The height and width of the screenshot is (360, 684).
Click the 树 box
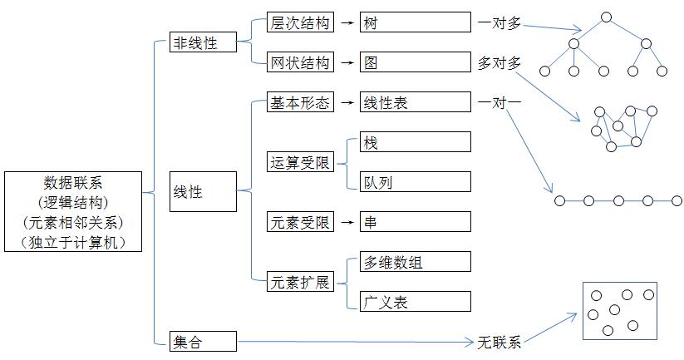point(415,22)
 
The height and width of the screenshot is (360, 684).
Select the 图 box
point(415,62)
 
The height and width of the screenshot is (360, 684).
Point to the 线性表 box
point(415,103)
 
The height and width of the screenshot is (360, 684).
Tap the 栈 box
point(415,142)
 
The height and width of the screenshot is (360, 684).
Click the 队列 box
point(415,182)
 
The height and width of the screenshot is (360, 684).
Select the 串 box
point(415,222)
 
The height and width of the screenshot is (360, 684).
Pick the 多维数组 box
point(415,262)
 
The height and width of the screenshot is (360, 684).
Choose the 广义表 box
point(415,302)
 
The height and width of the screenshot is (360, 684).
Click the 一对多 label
point(499,23)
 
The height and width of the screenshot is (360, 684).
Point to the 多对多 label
point(499,63)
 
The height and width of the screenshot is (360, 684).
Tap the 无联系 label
point(499,342)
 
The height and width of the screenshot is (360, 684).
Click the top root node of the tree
point(606,17)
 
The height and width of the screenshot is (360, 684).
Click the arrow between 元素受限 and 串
point(347,222)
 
